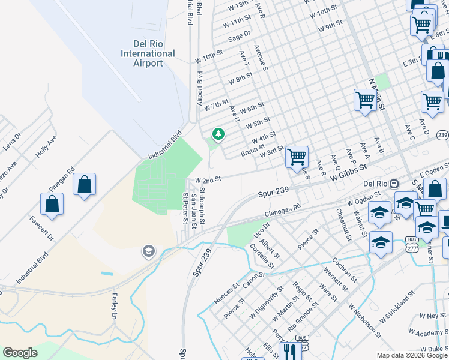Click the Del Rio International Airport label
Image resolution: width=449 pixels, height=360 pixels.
pos(148,53)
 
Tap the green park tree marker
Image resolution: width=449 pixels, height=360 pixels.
pos(218,134)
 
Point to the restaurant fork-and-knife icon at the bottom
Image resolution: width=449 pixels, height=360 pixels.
pos(290,350)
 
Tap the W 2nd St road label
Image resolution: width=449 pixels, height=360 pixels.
pos(208,179)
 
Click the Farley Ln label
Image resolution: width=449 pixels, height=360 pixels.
pos(113,306)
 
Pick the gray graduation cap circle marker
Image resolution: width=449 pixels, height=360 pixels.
pos(148,252)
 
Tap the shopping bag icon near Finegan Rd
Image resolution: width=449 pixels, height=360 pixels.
pos(85,185)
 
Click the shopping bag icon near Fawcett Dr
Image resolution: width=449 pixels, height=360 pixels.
pos(52,205)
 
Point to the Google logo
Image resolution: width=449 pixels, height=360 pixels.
pos(20,353)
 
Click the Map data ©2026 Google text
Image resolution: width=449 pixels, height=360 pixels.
pos(412,356)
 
